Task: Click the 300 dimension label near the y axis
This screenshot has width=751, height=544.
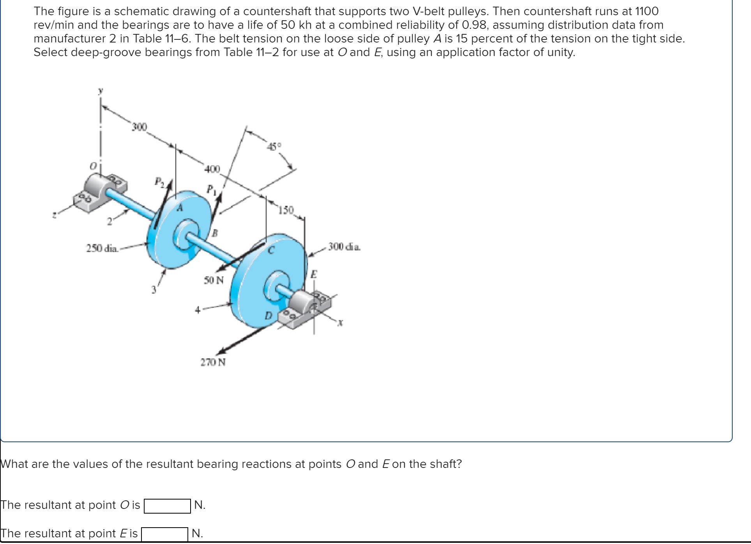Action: [x=139, y=127]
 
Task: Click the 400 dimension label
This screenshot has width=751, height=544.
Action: [x=212, y=169]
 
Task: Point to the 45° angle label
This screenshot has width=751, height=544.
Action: [x=274, y=147]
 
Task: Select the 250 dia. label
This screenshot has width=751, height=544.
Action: [x=102, y=248]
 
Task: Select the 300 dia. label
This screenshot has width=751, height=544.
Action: [x=344, y=246]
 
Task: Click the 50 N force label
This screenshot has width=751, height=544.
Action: [x=214, y=280]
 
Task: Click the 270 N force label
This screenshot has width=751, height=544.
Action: [x=213, y=362]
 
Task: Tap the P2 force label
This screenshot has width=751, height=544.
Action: [x=159, y=181]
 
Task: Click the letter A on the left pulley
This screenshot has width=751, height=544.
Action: [x=180, y=208]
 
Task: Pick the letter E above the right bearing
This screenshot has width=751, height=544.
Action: [x=314, y=275]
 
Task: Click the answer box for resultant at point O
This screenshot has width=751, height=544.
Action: [x=167, y=506]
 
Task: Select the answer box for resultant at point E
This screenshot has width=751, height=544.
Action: [x=164, y=534]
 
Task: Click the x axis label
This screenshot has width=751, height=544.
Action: [x=340, y=323]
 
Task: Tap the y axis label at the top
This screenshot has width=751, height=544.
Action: [x=101, y=91]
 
